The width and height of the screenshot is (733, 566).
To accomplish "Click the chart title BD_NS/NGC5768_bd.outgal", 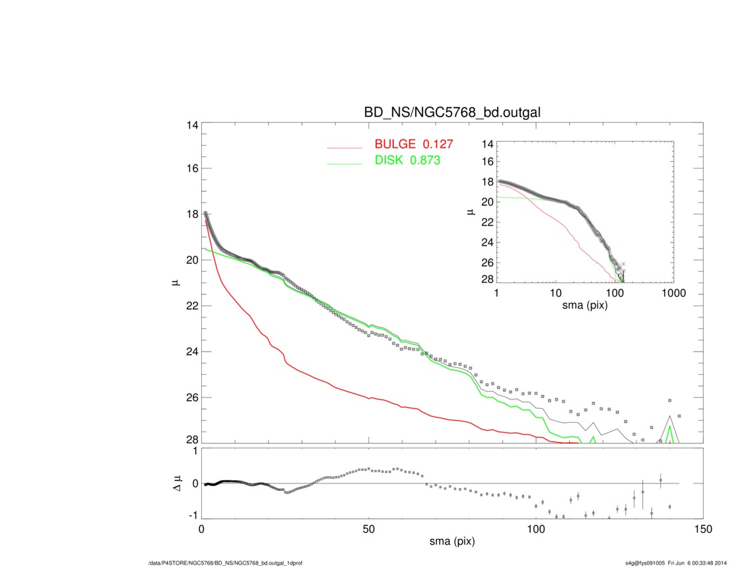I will [452, 113].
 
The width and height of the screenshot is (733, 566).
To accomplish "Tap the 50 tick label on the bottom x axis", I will [369, 529].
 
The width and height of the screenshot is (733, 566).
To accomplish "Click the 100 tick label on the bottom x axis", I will [536, 529].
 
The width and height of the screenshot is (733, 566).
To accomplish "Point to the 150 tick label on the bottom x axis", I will [703, 529].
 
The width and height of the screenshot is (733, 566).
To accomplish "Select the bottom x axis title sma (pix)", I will [452, 542].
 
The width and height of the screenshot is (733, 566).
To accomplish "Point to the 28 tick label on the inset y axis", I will [487, 278].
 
